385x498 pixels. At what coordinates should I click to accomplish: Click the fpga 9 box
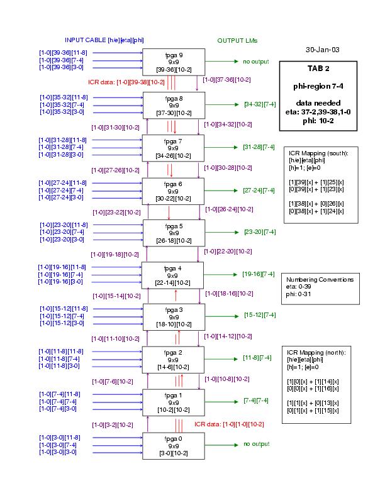point(174,62)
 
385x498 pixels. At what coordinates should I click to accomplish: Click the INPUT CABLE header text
point(104,40)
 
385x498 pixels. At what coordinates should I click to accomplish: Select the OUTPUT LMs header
point(237,40)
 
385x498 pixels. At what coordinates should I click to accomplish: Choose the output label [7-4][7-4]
point(256,401)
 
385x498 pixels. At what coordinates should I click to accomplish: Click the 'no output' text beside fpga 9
point(255,62)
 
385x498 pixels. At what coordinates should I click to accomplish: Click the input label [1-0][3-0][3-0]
point(58,452)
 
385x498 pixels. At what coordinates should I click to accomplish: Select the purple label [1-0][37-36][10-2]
point(226,80)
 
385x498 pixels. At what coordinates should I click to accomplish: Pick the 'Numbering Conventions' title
point(319,280)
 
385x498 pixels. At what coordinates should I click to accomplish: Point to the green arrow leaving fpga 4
point(223,274)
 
